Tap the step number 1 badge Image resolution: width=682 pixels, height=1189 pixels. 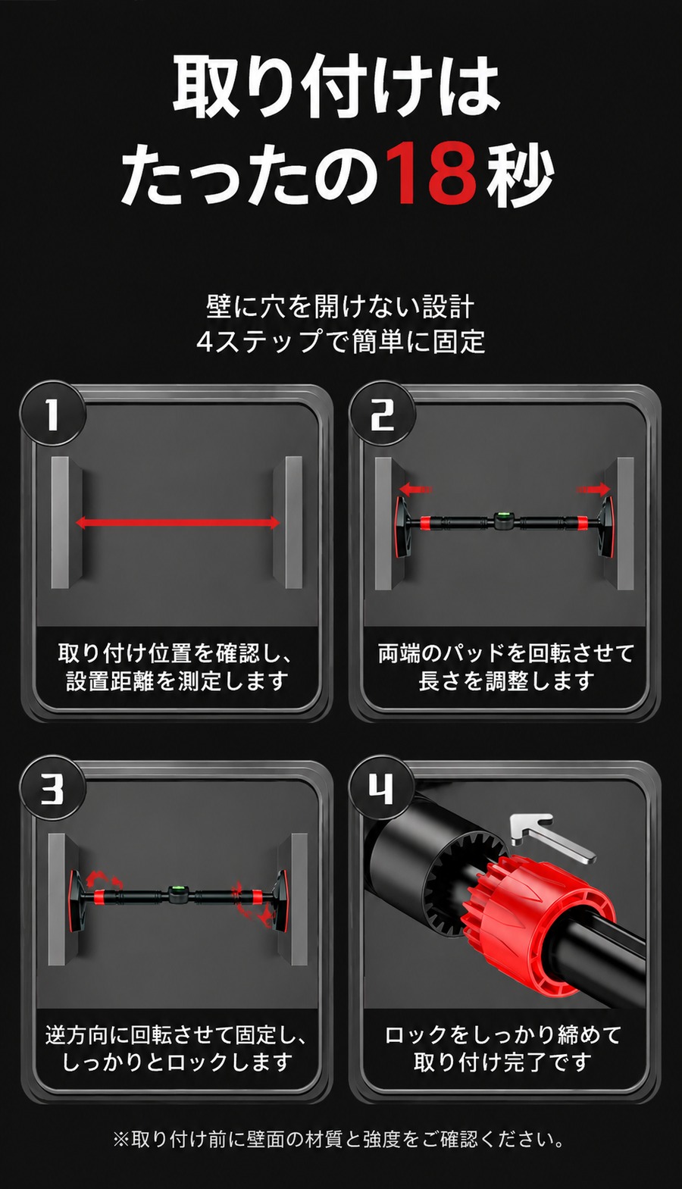click(52, 414)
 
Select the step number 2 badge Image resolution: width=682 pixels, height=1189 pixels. click(382, 414)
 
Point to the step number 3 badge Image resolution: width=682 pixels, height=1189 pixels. click(52, 790)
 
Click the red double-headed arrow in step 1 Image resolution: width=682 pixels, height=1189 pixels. click(178, 523)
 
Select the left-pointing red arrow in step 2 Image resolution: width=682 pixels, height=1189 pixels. click(415, 489)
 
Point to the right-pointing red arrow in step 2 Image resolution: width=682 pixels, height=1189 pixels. click(594, 489)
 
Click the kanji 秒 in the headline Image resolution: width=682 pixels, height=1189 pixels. click(521, 175)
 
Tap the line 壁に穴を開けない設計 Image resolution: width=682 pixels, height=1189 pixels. click(340, 308)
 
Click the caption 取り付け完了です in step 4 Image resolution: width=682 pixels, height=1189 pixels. click(502, 1059)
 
